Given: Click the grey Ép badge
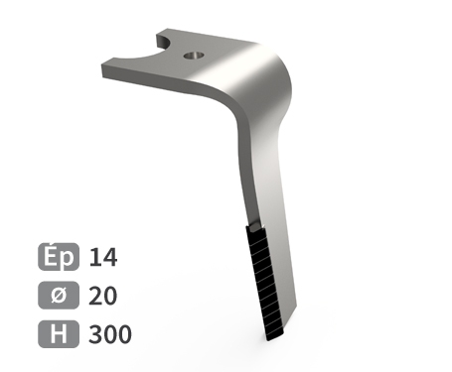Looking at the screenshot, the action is (x=59, y=257).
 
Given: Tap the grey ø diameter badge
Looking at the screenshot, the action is (x=59, y=296).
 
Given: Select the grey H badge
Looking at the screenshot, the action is (x=59, y=334).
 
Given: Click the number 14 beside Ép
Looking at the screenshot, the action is (x=103, y=257).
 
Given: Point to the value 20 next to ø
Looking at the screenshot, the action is (x=103, y=296).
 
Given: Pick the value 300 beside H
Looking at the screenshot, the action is (x=110, y=334).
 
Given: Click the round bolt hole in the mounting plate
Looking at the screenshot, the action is (x=194, y=56).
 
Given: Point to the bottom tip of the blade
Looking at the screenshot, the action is (x=269, y=340).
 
